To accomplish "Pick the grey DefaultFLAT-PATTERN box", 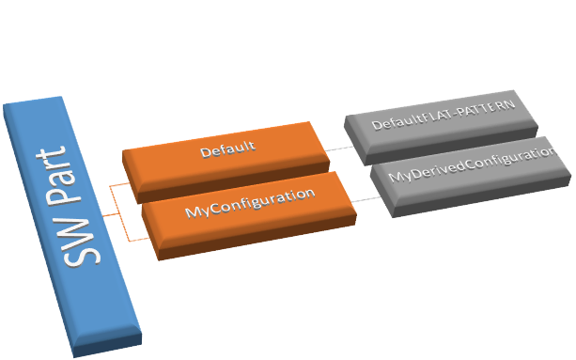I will pos(442,125).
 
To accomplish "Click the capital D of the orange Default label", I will pos(205,151).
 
